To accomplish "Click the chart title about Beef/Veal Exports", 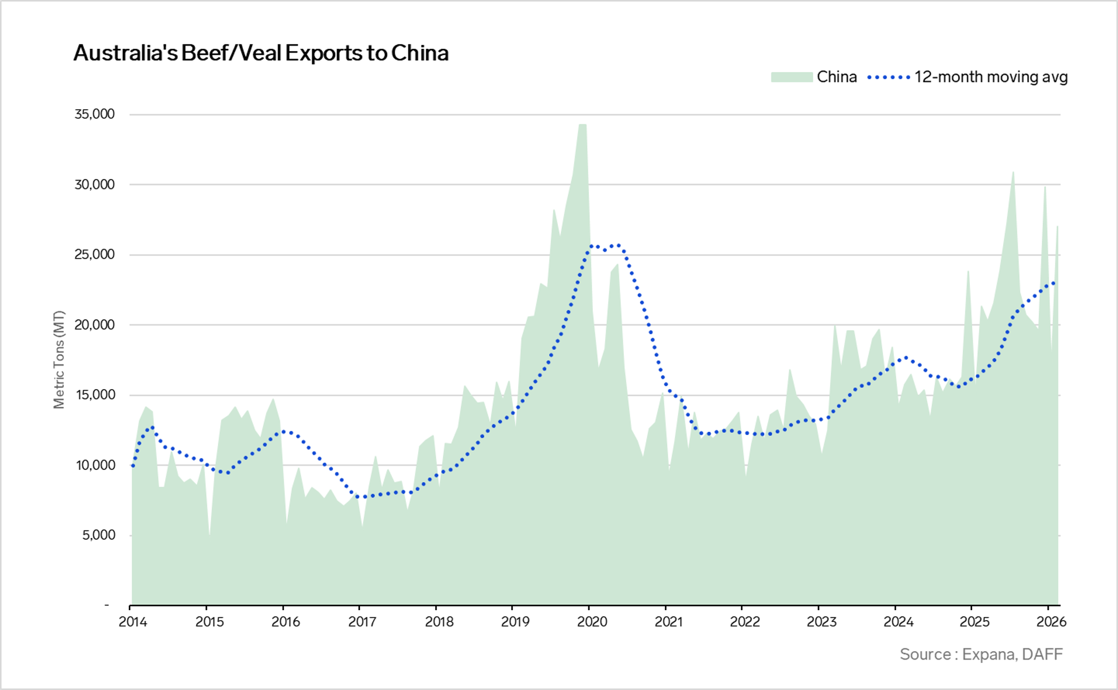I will tap(261, 53).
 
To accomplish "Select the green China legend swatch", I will tap(791, 77).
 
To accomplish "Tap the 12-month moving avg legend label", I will tap(990, 77).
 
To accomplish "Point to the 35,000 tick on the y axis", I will tap(95, 114).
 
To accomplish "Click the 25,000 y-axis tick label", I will tap(95, 254).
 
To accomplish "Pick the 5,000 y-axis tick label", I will tap(99, 535).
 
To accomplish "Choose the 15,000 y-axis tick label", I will tap(95, 395).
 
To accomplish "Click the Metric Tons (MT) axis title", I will tap(59, 360).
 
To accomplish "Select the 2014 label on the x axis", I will tap(133, 622).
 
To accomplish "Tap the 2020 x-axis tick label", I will tap(592, 622).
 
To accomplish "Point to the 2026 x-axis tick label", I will tap(1051, 622).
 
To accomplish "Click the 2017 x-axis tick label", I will tap(362, 622).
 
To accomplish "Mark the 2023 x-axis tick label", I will tap(821, 622).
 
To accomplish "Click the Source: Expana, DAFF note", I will tap(981, 655).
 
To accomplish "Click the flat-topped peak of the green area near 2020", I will tap(582, 125).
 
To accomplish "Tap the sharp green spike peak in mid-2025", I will tap(1013, 172).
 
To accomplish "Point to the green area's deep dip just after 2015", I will tap(209, 533).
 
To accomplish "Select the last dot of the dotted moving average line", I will tap(1054, 283).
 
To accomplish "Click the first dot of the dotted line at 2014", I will tap(133, 466).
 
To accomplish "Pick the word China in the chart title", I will tap(420, 53).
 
